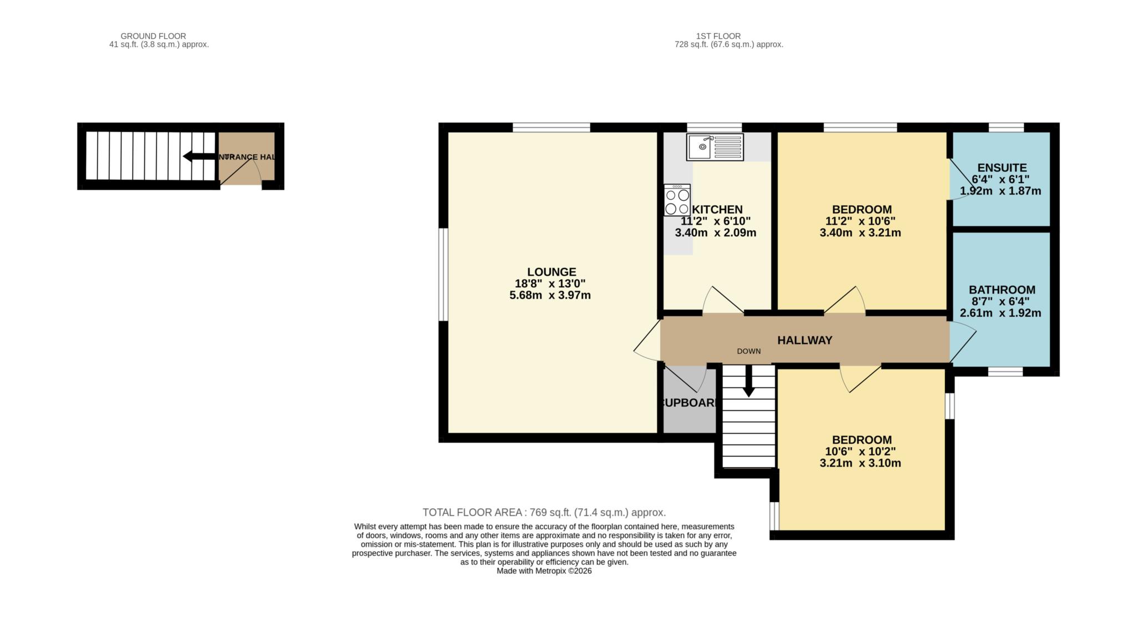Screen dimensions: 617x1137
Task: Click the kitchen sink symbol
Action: (715, 147)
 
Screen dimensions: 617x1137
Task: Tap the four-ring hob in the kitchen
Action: (677, 200)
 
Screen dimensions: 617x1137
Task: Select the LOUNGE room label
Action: (551, 272)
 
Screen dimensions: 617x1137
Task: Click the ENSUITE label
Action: (1002, 168)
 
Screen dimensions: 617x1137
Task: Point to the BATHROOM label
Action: (1002, 290)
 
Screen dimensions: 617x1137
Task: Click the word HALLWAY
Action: (804, 340)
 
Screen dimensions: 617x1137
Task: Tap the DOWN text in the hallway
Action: (748, 351)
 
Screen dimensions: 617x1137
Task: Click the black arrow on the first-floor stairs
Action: (748, 383)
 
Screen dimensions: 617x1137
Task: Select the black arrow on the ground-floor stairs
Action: (200, 156)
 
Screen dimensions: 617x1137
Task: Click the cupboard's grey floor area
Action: (688, 419)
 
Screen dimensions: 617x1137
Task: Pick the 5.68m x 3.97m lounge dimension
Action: (550, 295)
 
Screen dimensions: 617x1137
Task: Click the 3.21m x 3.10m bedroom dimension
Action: (860, 463)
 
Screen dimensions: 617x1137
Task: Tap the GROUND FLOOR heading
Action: (153, 36)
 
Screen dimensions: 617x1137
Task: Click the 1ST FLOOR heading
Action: (718, 36)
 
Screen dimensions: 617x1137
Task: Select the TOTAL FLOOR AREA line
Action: (544, 512)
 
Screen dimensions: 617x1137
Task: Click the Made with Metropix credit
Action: (544, 571)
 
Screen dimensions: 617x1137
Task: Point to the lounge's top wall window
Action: (551, 128)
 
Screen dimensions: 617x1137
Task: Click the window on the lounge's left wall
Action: (443, 275)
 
